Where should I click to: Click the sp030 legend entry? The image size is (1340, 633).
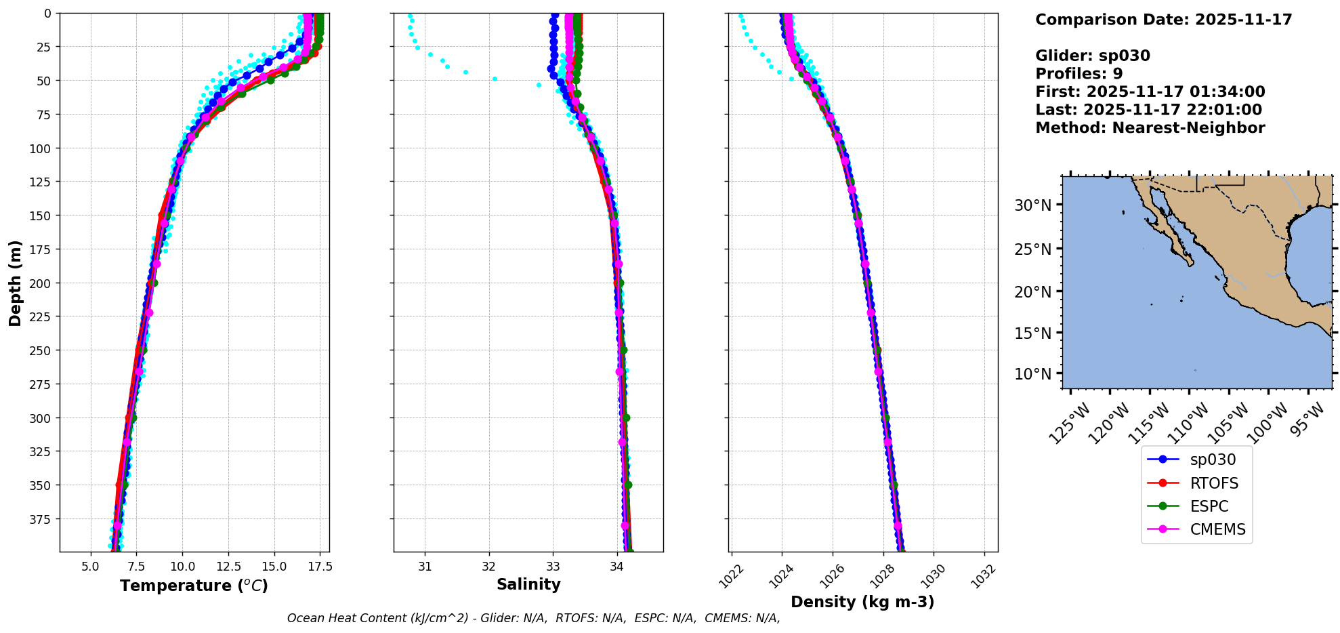[1212, 460]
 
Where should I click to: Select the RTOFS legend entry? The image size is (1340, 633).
[1213, 483]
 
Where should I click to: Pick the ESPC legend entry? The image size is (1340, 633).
[1209, 506]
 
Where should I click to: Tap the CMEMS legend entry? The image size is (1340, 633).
[1217, 529]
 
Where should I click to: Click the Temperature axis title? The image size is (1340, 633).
[194, 586]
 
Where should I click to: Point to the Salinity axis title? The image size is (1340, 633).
[528, 584]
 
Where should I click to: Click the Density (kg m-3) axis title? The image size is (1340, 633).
[862, 602]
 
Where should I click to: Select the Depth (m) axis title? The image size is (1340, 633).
[15, 283]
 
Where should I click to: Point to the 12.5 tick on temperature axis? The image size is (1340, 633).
[228, 567]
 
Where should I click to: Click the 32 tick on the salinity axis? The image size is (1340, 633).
[489, 567]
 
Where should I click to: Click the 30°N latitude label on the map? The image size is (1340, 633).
[1032, 205]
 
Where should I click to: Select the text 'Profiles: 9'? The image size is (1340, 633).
[1079, 74]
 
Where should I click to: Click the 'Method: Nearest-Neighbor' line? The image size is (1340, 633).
[1150, 128]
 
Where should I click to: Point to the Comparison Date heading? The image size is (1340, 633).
[1163, 20]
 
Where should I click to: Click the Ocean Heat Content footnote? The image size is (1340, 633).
[533, 618]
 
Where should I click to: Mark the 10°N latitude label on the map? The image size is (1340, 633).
[1032, 374]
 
